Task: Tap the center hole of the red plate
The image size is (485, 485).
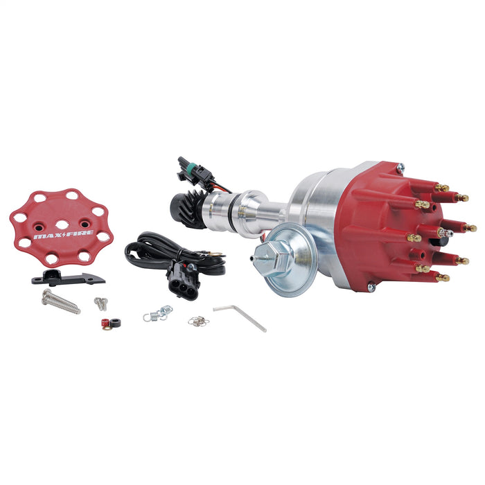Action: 62,224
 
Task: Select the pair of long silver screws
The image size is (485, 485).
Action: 60,300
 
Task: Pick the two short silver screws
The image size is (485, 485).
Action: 101,303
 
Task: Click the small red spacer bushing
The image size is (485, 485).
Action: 106,322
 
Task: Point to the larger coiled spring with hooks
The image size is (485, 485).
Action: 158,314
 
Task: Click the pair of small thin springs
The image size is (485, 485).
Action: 197,321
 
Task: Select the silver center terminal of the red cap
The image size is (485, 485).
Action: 443,233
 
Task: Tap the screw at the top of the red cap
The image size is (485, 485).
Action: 400,166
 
